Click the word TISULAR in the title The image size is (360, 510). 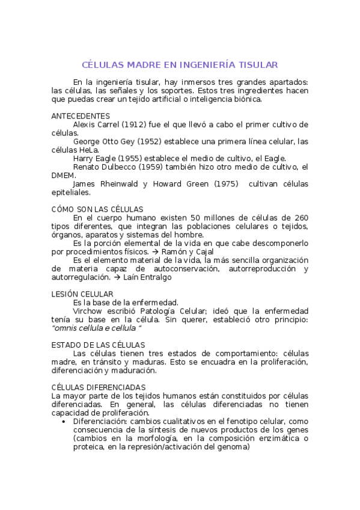pyautogui.click(x=258, y=64)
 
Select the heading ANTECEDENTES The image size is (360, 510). pyautogui.click(x=81, y=115)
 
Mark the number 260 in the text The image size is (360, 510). pyautogui.click(x=301, y=218)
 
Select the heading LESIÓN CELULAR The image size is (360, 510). pyautogui.click(x=82, y=294)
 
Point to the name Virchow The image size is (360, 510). pyautogui.click(x=88, y=311)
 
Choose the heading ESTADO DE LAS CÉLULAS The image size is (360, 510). pyautogui.click(x=98, y=345)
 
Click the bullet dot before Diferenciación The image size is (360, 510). pyautogui.click(x=64, y=422)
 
